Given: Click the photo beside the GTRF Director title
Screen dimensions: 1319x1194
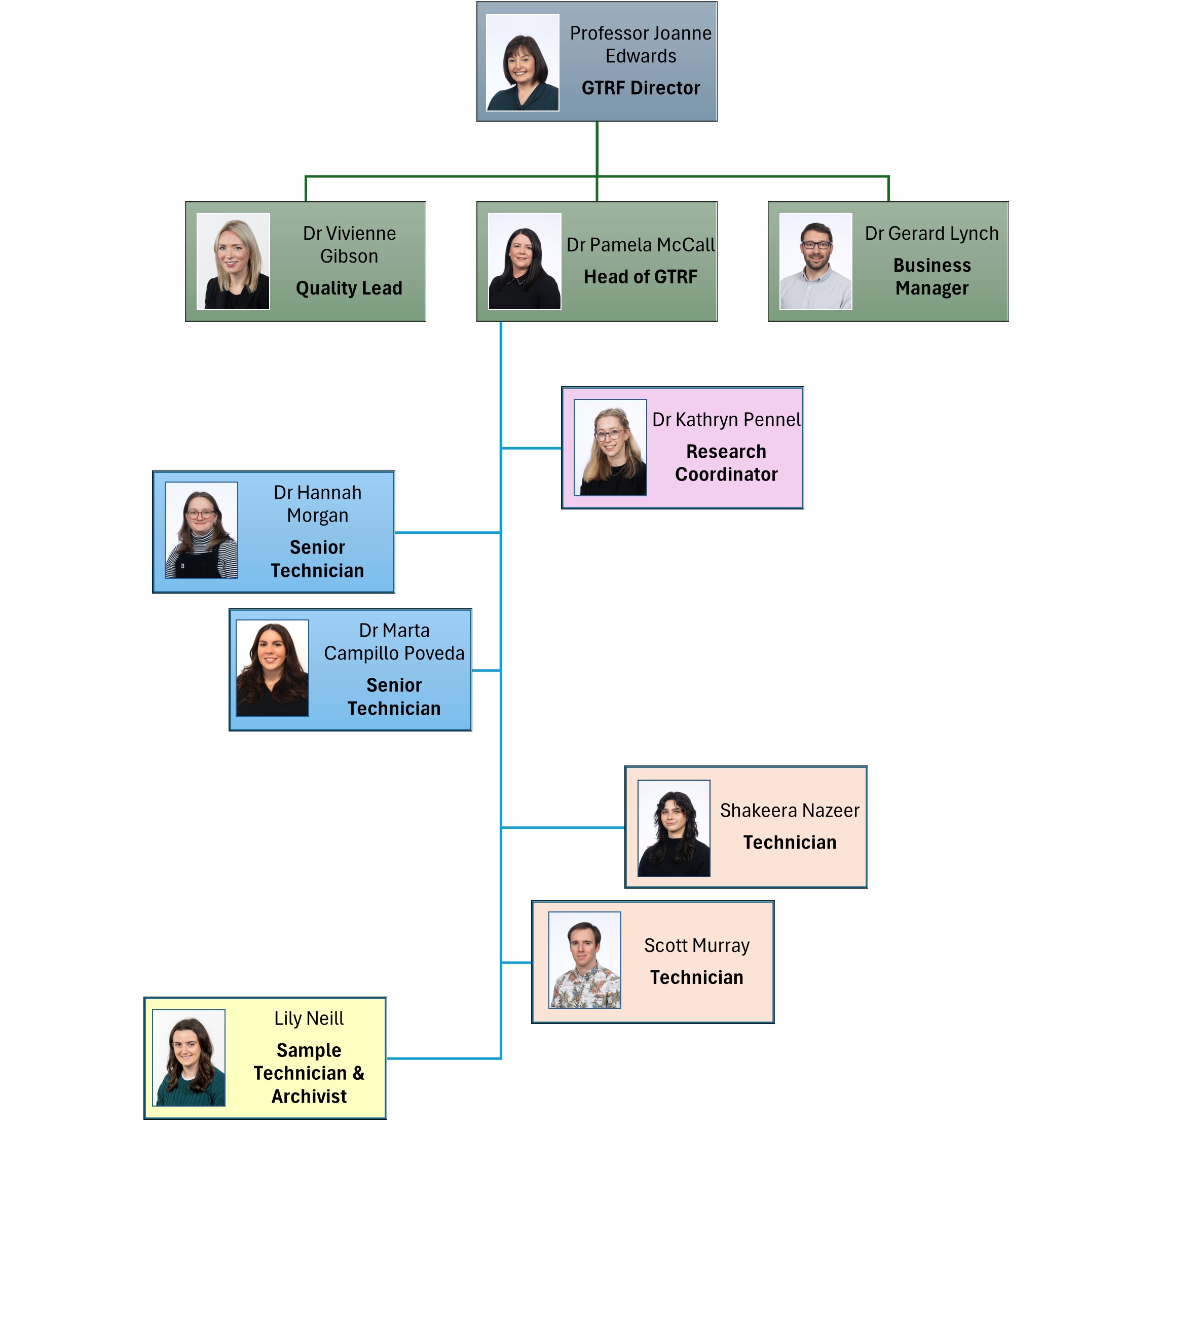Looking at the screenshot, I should (x=522, y=63).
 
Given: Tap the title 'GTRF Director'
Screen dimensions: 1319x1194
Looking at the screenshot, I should (x=641, y=88).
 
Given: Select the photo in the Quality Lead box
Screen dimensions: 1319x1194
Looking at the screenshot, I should (x=233, y=261).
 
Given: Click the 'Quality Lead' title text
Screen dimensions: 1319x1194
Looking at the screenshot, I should (x=349, y=288).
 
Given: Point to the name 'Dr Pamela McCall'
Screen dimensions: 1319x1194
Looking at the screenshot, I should (x=641, y=245).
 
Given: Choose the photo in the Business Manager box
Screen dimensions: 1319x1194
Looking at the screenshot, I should (x=815, y=261).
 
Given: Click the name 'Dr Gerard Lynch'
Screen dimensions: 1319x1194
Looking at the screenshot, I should (x=931, y=234).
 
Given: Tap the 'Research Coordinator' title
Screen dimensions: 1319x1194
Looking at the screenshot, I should (x=726, y=463).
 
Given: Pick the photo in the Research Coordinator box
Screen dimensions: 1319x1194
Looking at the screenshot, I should (x=610, y=448).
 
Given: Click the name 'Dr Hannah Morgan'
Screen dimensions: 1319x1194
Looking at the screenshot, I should (x=317, y=504).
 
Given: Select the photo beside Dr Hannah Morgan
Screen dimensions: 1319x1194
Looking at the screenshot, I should (x=201, y=530).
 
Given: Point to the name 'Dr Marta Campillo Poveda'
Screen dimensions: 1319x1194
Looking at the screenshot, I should (x=394, y=642).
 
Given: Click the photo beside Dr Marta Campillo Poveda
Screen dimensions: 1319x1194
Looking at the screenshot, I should (x=272, y=668).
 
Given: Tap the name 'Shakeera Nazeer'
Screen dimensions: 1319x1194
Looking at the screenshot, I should (x=790, y=811).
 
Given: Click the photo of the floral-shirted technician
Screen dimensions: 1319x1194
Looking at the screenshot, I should (x=584, y=960).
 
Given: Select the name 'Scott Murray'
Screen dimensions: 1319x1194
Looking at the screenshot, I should (x=697, y=945).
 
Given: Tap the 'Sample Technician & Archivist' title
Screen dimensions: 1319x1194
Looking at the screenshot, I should (x=309, y=1073).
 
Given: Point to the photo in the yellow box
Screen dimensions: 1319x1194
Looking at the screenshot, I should (x=189, y=1058).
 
